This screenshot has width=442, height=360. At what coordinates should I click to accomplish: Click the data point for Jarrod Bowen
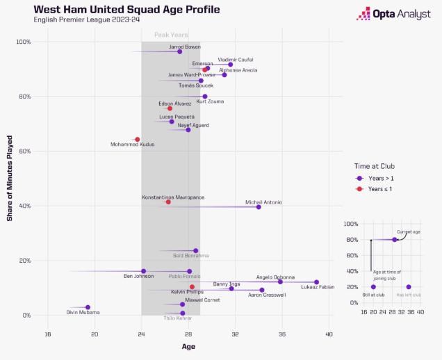(179, 51)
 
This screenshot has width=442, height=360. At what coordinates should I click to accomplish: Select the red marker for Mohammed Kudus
(137, 140)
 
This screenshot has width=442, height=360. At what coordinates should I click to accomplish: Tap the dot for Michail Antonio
(259, 206)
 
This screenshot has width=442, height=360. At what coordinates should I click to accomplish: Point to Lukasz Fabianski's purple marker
(316, 282)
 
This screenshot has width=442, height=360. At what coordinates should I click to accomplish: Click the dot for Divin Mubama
(88, 307)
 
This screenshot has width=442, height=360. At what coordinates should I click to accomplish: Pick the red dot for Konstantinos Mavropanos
(168, 202)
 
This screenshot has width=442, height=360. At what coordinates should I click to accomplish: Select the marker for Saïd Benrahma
(195, 251)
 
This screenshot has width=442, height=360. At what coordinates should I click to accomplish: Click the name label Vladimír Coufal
(235, 59)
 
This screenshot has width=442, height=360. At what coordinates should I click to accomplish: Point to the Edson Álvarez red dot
(170, 108)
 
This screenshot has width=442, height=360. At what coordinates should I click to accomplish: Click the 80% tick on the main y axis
(24, 97)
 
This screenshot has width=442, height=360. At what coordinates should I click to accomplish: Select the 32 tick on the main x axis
(235, 334)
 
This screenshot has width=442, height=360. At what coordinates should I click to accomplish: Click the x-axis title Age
(188, 346)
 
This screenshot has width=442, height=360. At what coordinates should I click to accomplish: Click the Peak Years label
(170, 35)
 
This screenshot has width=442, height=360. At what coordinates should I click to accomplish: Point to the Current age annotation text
(408, 231)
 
